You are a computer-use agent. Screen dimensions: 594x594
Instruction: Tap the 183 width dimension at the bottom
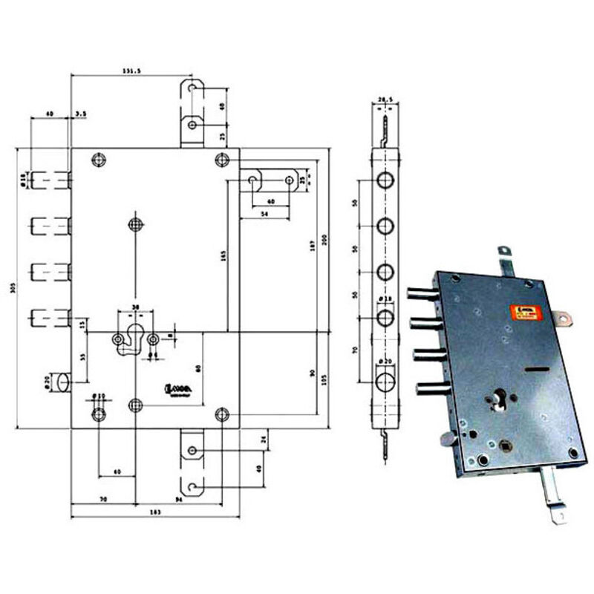pos(154,514)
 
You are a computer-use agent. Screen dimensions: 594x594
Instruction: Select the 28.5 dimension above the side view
pos(384,98)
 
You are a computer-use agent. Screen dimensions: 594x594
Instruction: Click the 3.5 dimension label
pos(80,114)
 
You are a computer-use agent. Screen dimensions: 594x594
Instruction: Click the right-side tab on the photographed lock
pos(564,320)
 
